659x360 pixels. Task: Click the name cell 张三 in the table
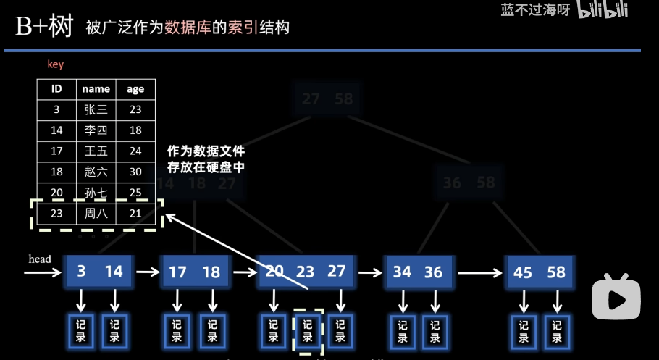pyautogui.click(x=96, y=110)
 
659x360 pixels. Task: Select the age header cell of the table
pyautogui.click(x=135, y=89)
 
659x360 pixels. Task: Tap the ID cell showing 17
pyautogui.click(x=56, y=152)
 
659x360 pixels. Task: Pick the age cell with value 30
pyautogui.click(x=135, y=172)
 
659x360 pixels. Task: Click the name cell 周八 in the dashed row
pyautogui.click(x=96, y=214)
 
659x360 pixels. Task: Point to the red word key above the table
pyautogui.click(x=56, y=64)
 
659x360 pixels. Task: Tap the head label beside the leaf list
pyautogui.click(x=40, y=259)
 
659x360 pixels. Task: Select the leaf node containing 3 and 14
pyautogui.click(x=98, y=272)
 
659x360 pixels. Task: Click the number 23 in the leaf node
pyautogui.click(x=306, y=272)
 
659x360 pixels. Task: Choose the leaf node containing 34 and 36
pyautogui.click(x=417, y=272)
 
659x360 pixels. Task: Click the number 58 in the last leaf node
pyautogui.click(x=556, y=272)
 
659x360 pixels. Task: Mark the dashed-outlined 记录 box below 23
pyautogui.click(x=307, y=332)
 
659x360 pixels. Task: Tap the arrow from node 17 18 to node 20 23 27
pyautogui.click(x=245, y=272)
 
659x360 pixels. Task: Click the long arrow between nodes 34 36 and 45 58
pyautogui.click(x=479, y=272)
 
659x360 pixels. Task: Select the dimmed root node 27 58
pyautogui.click(x=327, y=99)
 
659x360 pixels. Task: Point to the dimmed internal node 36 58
pyautogui.click(x=469, y=182)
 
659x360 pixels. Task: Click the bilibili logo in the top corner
pyautogui.click(x=603, y=10)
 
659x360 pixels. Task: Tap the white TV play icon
pyautogui.click(x=616, y=296)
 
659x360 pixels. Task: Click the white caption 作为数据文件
pyautogui.click(x=206, y=152)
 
